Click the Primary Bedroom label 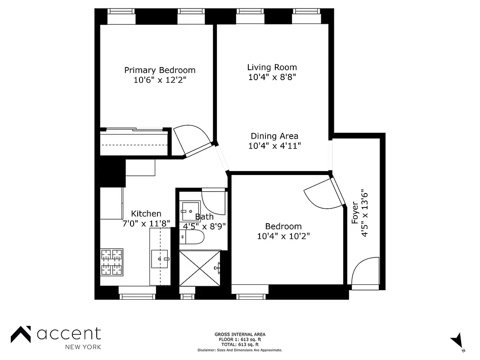point(160,70)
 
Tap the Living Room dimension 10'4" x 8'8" point(272,77)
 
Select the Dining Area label point(274,136)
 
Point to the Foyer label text point(355,212)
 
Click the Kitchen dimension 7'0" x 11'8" point(146,223)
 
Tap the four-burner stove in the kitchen point(112,262)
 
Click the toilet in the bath point(193,237)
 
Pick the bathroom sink point(188,210)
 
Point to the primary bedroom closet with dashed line point(135,144)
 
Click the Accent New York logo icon point(21,335)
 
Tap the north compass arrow point(458,340)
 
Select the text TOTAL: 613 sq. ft point(240,344)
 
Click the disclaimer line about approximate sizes point(240,350)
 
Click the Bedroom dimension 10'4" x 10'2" point(283,236)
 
